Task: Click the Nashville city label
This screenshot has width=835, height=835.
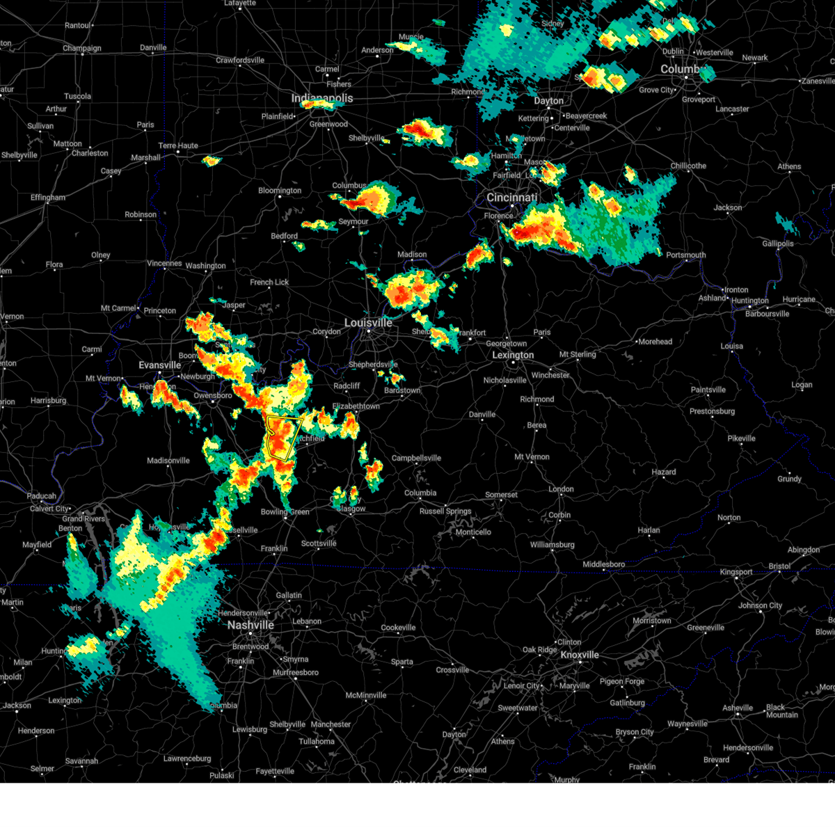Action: [250, 625]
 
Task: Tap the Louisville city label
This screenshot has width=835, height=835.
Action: [368, 323]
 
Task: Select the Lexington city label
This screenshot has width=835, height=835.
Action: [513, 355]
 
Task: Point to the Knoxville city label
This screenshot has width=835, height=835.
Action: [580, 655]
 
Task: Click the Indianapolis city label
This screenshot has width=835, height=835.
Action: [322, 98]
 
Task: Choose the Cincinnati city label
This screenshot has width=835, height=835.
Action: [512, 198]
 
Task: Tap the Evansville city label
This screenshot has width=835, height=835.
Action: [160, 365]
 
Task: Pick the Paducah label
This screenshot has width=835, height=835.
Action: [42, 496]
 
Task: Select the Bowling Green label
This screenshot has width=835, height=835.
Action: [285, 512]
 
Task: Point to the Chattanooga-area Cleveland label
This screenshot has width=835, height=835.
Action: [470, 770]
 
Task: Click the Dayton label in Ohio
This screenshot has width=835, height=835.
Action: [548, 101]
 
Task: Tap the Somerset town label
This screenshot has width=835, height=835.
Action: [501, 495]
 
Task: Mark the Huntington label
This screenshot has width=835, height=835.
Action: [749, 301]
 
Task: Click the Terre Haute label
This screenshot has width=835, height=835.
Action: [178, 145]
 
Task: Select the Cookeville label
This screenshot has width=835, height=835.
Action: [398, 628]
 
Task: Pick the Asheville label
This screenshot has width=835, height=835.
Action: [738, 708]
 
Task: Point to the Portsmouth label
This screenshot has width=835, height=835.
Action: [686, 255]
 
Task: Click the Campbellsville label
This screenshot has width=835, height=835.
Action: [416, 458]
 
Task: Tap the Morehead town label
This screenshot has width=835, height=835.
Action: [655, 342]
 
